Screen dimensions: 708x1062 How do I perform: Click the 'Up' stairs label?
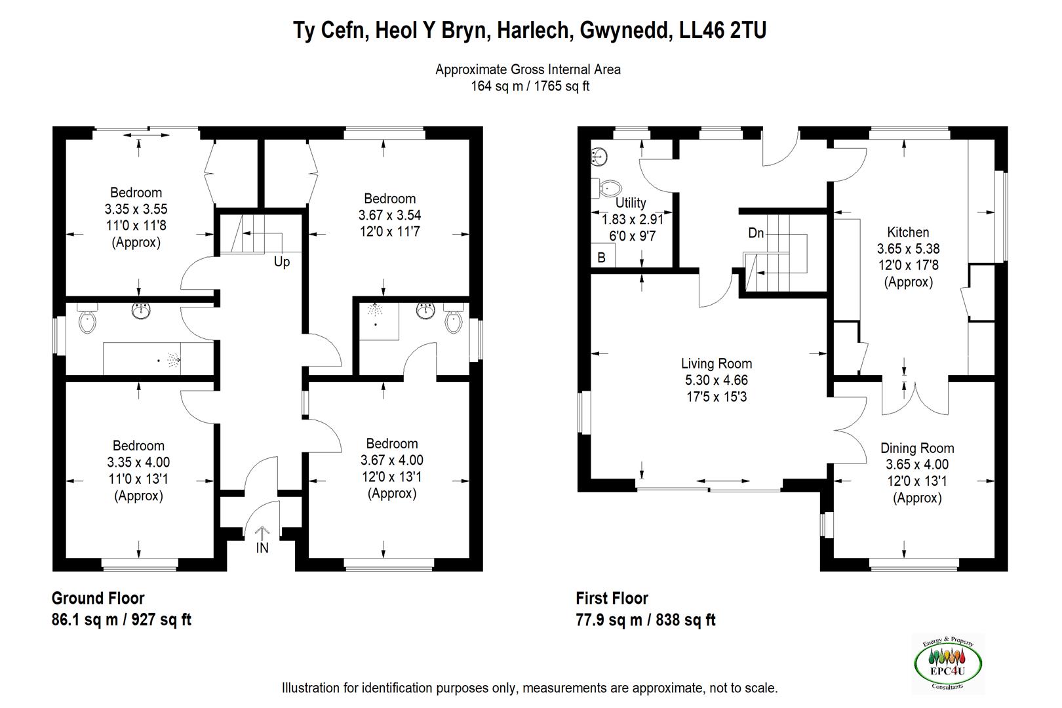(282, 262)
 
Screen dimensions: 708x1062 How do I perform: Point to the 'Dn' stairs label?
(756, 233)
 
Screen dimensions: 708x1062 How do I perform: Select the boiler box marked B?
(602, 258)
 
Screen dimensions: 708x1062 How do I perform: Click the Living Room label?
(717, 364)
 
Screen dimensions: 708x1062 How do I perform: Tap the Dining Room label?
(917, 448)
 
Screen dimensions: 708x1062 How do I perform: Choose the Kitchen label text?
(908, 232)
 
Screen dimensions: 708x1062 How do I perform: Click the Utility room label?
(631, 203)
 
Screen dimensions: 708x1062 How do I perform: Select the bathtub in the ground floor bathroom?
(157, 359)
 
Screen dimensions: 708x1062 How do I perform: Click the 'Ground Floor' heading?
(98, 598)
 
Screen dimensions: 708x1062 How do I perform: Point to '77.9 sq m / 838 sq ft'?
(645, 619)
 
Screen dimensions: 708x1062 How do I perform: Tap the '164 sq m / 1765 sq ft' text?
(530, 86)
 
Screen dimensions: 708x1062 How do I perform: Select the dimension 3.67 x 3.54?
(389, 215)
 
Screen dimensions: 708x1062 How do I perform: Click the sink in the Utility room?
(600, 156)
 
